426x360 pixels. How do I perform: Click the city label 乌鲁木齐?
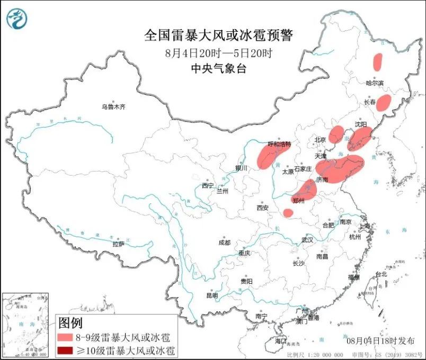(114, 107)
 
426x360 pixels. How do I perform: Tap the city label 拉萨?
(118, 244)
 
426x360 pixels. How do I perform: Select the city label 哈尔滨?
(375, 83)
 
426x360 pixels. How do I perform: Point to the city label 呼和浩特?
(279, 143)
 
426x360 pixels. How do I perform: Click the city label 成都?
(224, 242)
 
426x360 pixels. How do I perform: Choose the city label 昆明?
(211, 295)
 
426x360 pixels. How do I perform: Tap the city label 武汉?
(308, 240)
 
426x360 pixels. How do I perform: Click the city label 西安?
(263, 208)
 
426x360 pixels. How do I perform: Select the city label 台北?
(381, 274)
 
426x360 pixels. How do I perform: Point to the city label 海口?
(280, 341)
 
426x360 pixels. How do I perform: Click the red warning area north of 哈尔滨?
(378, 62)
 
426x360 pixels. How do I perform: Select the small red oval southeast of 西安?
(288, 213)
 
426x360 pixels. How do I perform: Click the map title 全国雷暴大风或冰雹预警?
(218, 35)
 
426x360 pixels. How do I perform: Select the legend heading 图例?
(70, 322)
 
